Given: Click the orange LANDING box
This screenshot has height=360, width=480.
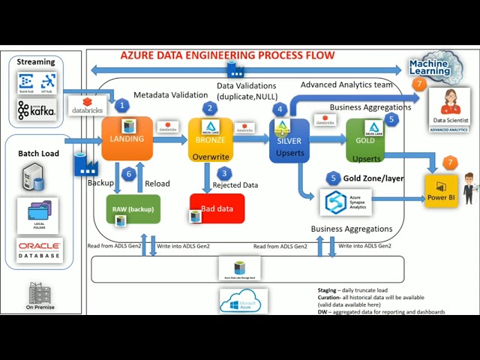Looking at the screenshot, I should pos(127,139).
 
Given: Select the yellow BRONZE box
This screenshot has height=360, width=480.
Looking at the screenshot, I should pos(210,139).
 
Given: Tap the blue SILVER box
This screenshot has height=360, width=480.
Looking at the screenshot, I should pos(289,140).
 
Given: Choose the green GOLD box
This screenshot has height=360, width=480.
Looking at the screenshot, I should pos(365,139).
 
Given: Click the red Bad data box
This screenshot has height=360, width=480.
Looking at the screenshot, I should pos(217,208).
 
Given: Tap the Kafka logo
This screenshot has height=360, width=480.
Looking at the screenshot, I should pos(37,111).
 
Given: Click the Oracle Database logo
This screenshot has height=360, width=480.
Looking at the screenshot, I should pos(40,250).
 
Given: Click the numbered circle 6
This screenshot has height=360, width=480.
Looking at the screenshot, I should pos(129,174).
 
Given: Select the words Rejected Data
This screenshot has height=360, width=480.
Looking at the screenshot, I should pos(235,184).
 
